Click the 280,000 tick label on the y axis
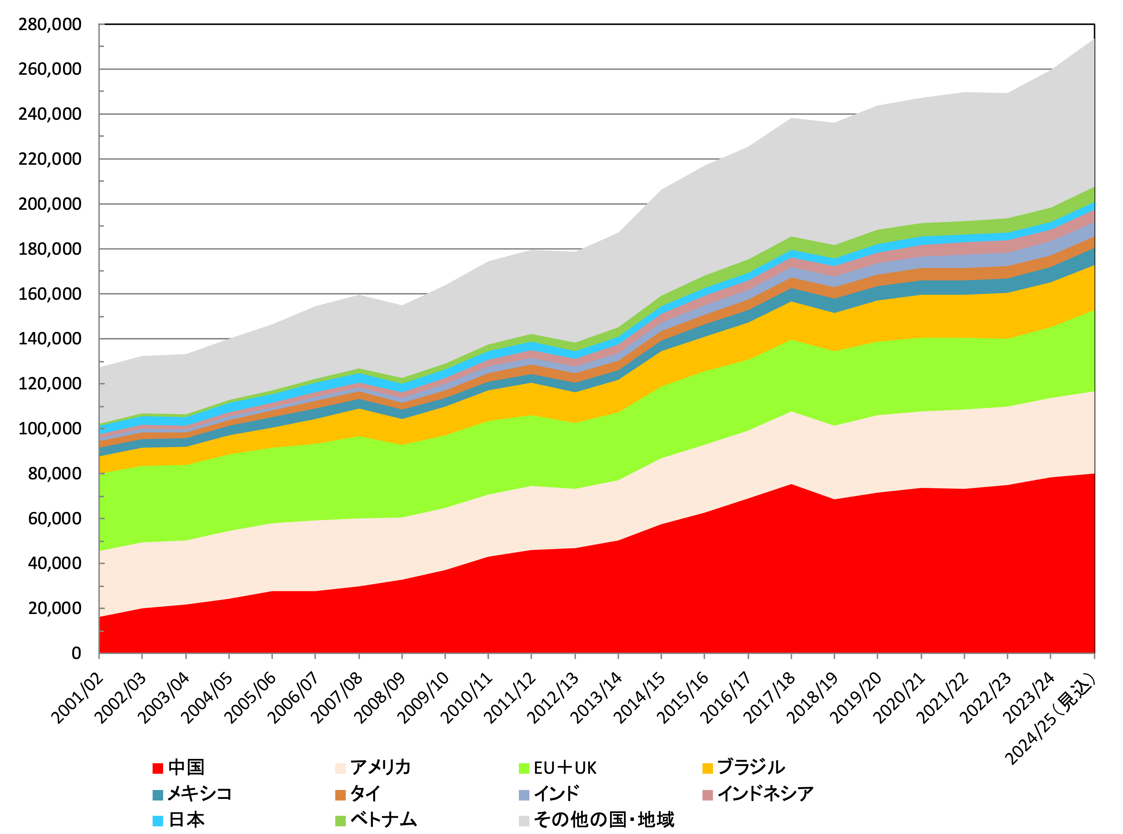tap(50, 24)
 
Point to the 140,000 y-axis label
tap(50, 339)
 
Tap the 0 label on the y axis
tap(76, 653)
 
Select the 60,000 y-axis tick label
tap(54, 518)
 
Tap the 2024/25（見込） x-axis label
tap(1051, 720)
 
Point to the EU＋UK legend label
tap(565, 768)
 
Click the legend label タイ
tap(365, 794)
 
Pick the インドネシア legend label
tap(765, 794)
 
